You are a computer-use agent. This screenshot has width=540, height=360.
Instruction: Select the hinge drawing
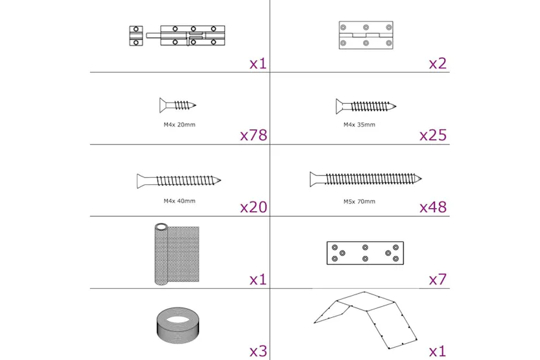366,36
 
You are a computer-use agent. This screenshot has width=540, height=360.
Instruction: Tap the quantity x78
253,136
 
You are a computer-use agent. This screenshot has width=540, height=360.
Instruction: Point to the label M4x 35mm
359,125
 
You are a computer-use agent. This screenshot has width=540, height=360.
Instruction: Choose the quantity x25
433,136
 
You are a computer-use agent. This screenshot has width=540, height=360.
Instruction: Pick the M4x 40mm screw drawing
179,181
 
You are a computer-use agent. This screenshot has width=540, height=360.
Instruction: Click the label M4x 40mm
180,201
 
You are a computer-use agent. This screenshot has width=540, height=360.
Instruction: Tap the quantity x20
253,208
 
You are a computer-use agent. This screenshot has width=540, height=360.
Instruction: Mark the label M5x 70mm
359,201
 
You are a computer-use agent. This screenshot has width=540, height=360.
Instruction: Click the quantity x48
433,208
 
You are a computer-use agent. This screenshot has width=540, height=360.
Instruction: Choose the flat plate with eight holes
365,252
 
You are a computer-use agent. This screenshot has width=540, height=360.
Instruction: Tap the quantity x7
438,280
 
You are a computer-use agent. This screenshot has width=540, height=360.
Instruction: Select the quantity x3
258,351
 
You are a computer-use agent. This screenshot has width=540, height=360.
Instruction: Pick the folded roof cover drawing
366,318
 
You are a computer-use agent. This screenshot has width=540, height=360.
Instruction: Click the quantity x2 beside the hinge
438,64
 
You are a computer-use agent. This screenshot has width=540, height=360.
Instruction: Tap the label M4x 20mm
180,125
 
